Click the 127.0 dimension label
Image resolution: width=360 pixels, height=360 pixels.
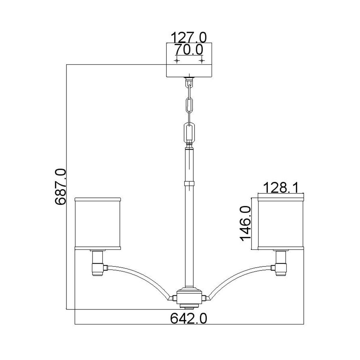pos(189,38)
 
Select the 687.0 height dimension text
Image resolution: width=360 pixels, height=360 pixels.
pos(61,187)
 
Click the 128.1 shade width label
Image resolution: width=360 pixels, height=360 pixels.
pos(280,189)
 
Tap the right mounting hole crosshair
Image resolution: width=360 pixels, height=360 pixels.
pos(202,61)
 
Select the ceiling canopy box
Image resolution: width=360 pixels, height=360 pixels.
pos(189,60)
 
